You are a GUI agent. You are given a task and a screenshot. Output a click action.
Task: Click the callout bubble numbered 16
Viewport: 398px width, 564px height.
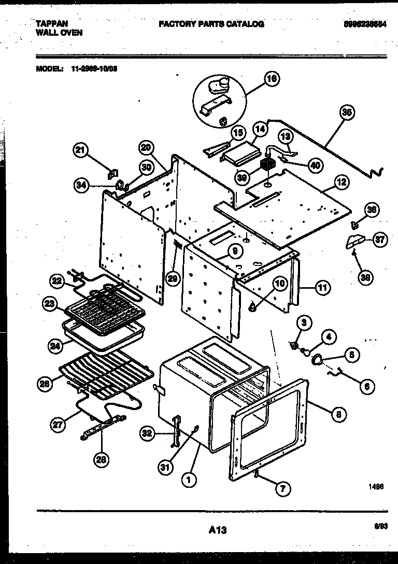[271, 79]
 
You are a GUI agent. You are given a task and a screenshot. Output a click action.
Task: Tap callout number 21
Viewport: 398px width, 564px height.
[79, 151]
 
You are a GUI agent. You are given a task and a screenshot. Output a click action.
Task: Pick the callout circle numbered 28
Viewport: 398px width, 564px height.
[102, 458]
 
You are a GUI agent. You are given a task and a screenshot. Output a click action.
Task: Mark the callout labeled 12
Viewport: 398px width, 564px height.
[341, 182]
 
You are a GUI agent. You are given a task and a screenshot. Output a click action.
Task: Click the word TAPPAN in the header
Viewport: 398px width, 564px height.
[51, 24]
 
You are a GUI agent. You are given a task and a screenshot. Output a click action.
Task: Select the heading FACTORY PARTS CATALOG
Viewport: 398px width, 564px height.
[211, 24]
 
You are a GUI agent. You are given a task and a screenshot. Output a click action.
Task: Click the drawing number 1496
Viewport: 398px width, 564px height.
[376, 487]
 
